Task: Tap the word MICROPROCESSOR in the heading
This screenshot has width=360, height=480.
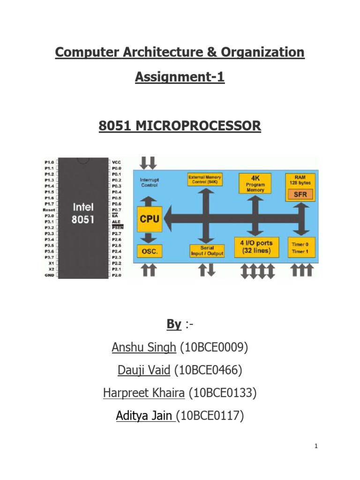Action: coord(208,126)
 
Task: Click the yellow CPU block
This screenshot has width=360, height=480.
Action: coord(150,218)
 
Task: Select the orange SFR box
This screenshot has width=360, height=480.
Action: coord(300,194)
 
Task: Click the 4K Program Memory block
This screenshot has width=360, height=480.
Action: coord(255,184)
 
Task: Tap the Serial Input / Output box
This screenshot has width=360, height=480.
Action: coord(207,251)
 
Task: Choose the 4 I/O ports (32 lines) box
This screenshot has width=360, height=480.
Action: coord(256,247)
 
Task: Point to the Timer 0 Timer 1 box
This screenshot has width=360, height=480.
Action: coord(300,247)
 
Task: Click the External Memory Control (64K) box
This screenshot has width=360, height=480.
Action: coord(205,180)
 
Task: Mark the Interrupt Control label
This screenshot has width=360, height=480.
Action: coord(150,182)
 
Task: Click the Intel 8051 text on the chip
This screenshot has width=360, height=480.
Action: coord(83,213)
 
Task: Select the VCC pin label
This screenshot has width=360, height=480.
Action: coord(117,162)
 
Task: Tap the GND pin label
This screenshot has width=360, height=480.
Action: coord(49,276)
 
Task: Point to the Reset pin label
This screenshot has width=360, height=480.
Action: coord(49,210)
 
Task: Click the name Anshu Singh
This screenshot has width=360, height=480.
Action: coord(144,347)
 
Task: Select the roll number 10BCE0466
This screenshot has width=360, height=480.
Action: coord(208,370)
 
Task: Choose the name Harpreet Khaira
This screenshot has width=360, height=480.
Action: coord(144,393)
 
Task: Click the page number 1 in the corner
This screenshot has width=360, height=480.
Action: coord(316,446)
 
